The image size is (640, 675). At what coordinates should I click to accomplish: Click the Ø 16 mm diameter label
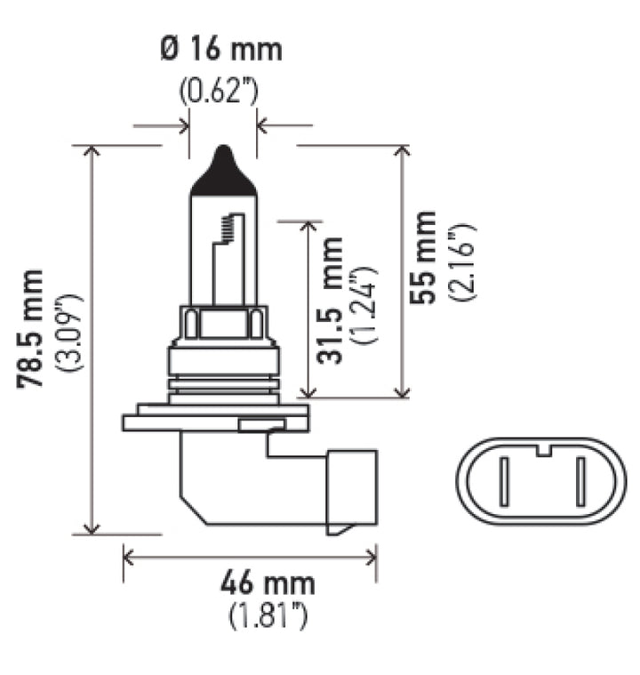(x=223, y=49)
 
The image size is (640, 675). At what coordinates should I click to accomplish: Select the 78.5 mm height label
(x=33, y=328)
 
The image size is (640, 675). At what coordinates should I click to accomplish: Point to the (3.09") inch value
(x=71, y=328)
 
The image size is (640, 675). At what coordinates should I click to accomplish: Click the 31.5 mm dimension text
(x=331, y=301)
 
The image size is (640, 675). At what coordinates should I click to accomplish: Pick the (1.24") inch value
(x=364, y=304)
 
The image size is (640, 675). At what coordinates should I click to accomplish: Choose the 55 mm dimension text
(x=427, y=258)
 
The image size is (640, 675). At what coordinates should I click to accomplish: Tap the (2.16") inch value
(x=462, y=262)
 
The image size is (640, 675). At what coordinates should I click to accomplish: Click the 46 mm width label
(x=267, y=584)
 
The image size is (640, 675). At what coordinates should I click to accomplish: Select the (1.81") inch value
(x=267, y=616)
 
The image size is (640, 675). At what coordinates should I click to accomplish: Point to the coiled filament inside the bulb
(x=230, y=229)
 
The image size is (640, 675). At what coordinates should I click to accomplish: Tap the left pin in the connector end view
(x=503, y=481)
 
